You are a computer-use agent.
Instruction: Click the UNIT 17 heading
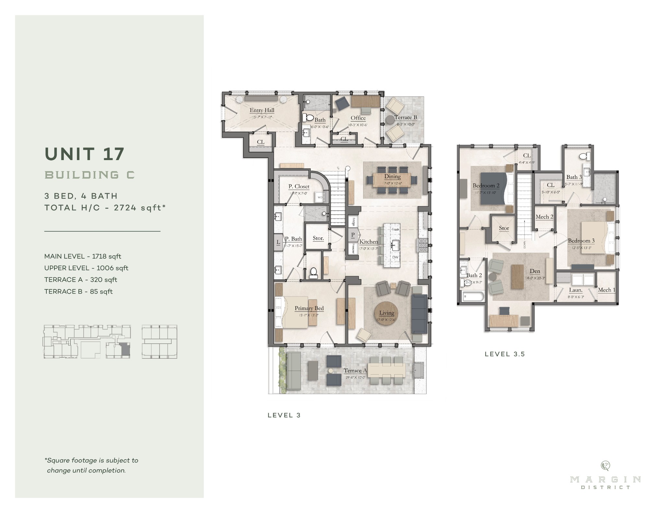(85, 154)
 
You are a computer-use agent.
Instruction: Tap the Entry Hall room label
(262, 110)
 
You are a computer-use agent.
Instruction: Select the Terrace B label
(406, 118)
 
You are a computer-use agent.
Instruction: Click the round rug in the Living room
(386, 313)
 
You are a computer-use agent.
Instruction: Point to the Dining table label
(392, 177)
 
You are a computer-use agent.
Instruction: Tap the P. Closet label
(299, 187)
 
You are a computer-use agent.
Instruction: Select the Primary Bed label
(309, 309)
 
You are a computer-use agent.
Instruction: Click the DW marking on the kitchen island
(395, 257)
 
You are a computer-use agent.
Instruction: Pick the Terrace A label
(355, 371)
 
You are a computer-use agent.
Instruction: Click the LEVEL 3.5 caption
(504, 354)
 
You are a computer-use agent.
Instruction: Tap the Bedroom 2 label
(486, 186)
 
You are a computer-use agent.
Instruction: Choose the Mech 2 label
(544, 217)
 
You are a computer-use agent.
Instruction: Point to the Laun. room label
(576, 290)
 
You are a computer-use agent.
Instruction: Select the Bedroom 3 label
(581, 241)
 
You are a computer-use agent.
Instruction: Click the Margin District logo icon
(605, 466)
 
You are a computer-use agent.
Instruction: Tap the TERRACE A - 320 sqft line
(81, 280)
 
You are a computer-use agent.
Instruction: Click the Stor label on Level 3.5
(504, 228)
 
